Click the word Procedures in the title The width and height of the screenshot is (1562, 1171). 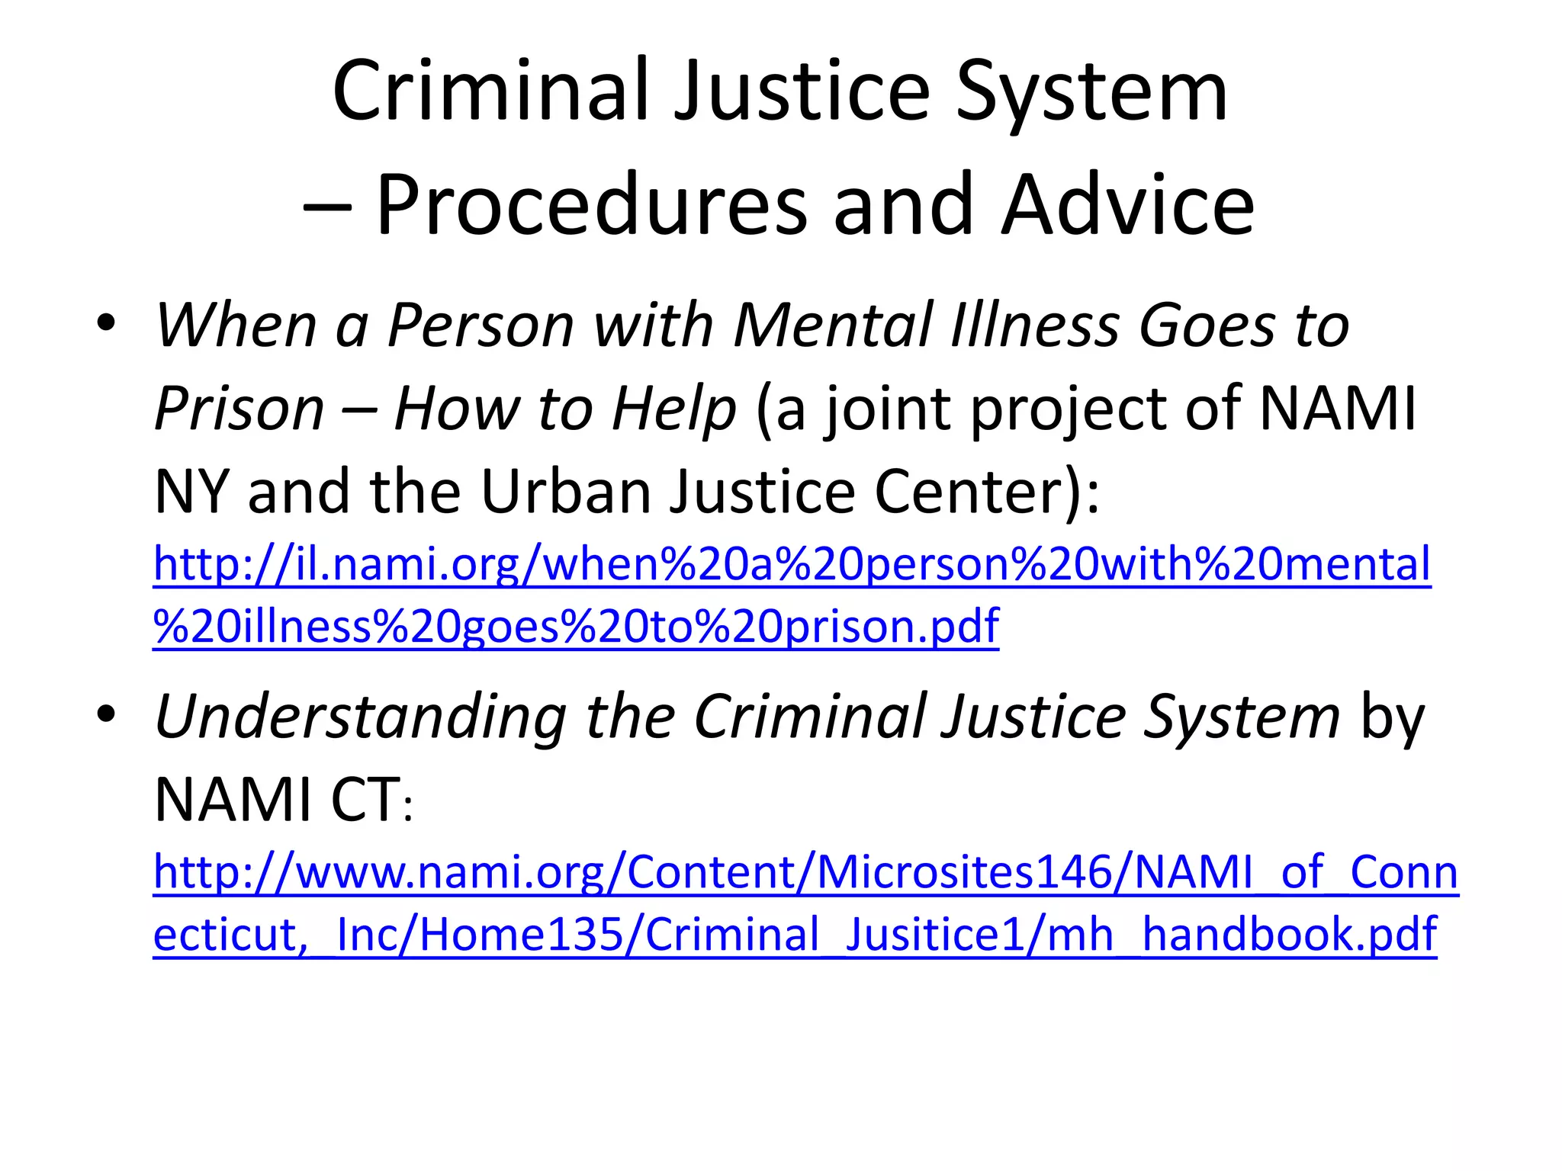coord(592,204)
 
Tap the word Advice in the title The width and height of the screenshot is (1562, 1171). coord(1128,204)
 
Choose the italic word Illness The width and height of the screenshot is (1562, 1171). coord(1035,326)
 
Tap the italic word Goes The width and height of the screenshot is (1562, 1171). coord(1207,326)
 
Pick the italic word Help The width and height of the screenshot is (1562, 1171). coord(673,409)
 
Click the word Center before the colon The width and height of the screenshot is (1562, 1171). coord(968,491)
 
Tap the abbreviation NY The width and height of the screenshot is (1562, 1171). coord(191,491)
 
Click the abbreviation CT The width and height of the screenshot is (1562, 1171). coord(364,800)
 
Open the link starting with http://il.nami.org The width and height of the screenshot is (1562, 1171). coord(792,564)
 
